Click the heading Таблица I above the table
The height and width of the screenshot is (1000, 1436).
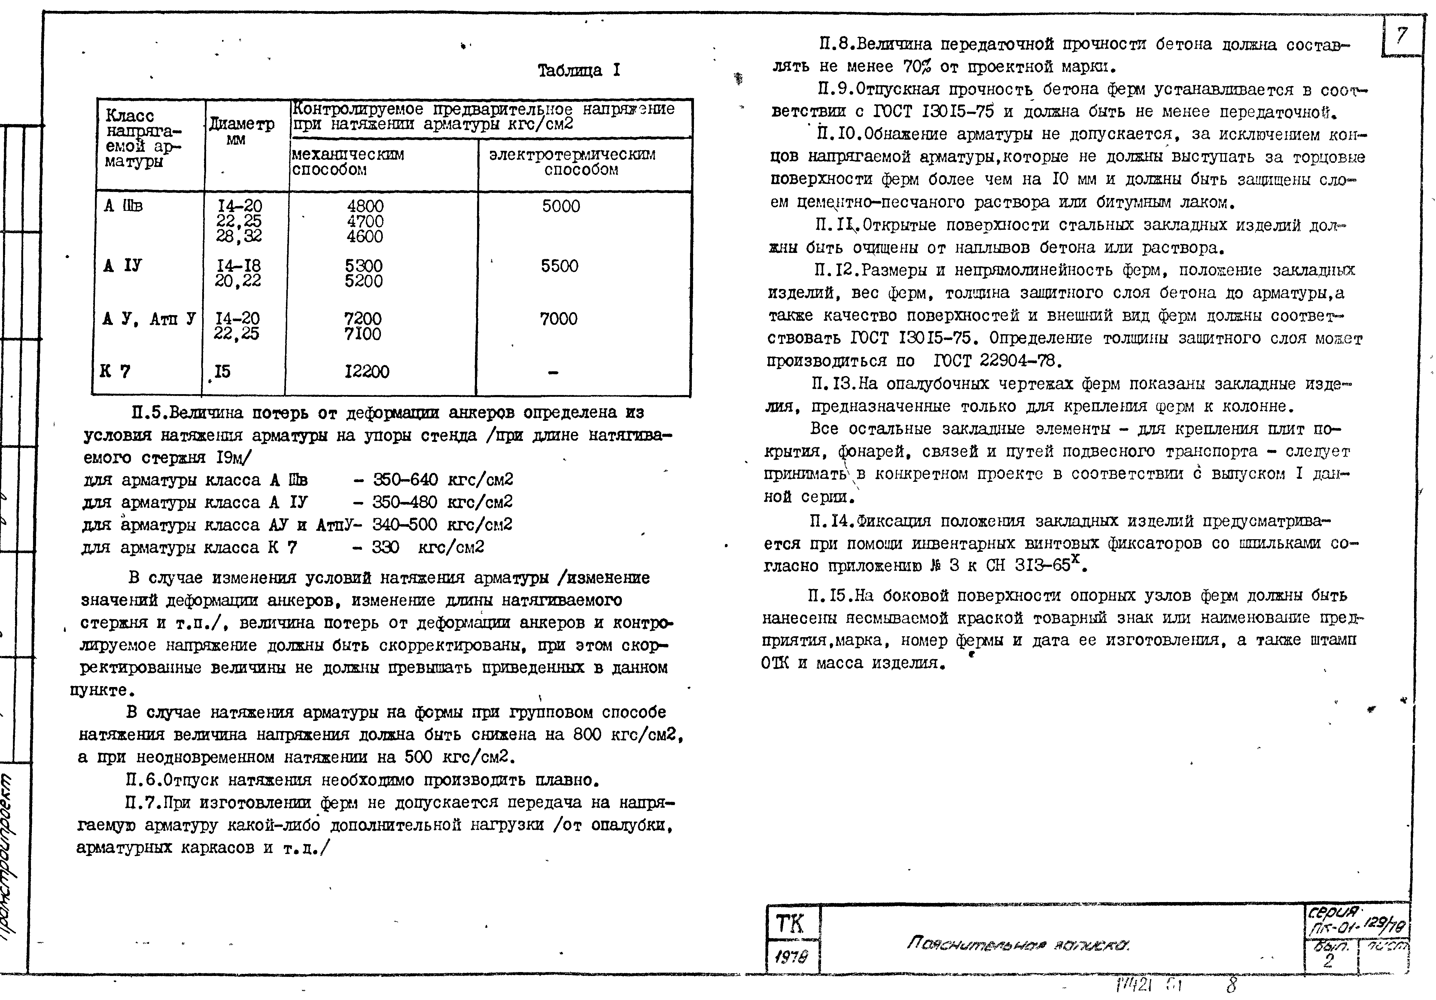point(579,70)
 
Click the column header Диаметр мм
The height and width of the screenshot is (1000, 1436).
point(242,131)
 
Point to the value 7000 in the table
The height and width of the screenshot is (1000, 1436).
point(558,319)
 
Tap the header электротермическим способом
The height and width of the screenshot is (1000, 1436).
point(572,162)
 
